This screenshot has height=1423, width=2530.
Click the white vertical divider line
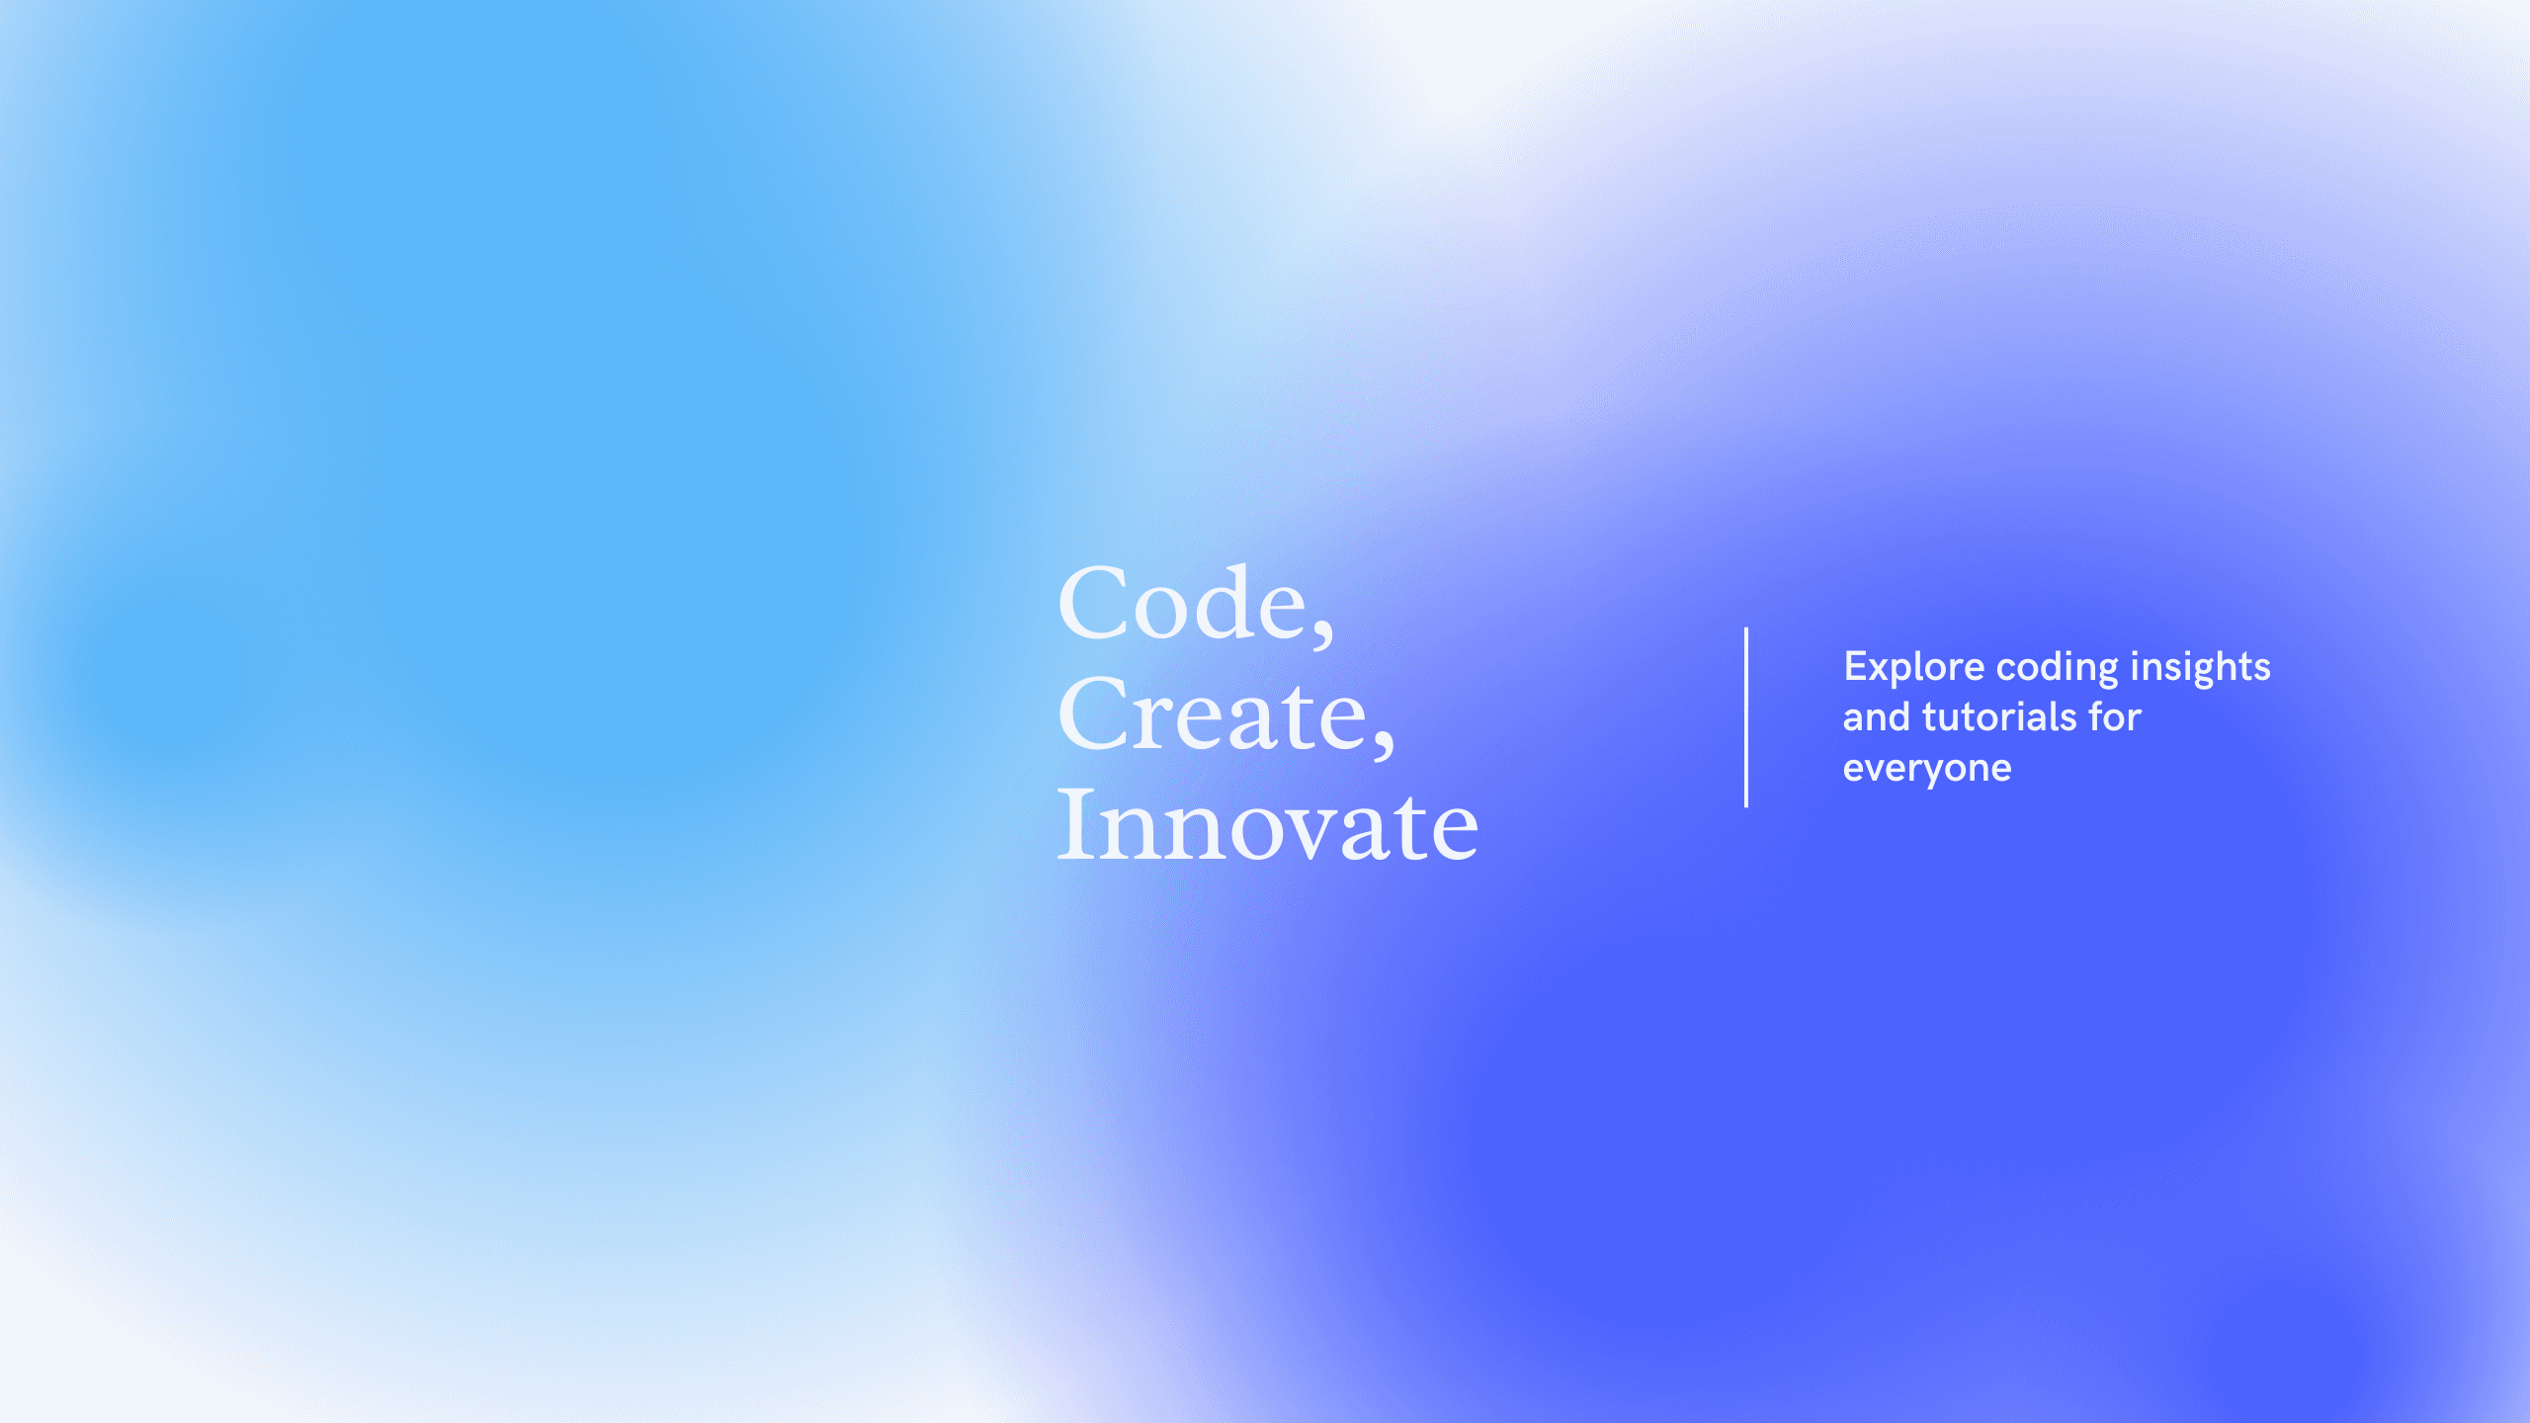[x=1746, y=717]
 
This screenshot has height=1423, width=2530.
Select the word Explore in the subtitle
[x=1914, y=668]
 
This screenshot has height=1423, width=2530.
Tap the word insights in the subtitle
[x=2201, y=668]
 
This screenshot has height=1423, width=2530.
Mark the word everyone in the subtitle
[x=1927, y=770]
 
